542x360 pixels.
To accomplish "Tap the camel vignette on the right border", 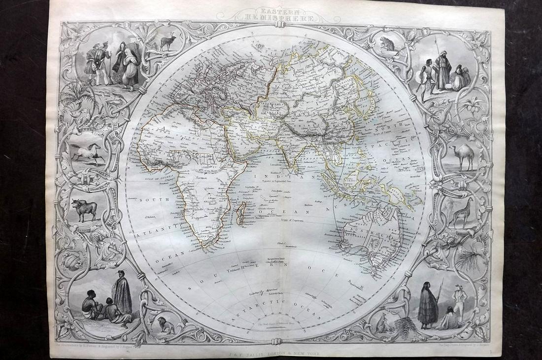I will tap(462, 157).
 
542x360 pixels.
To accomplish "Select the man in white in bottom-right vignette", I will tap(459, 301).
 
